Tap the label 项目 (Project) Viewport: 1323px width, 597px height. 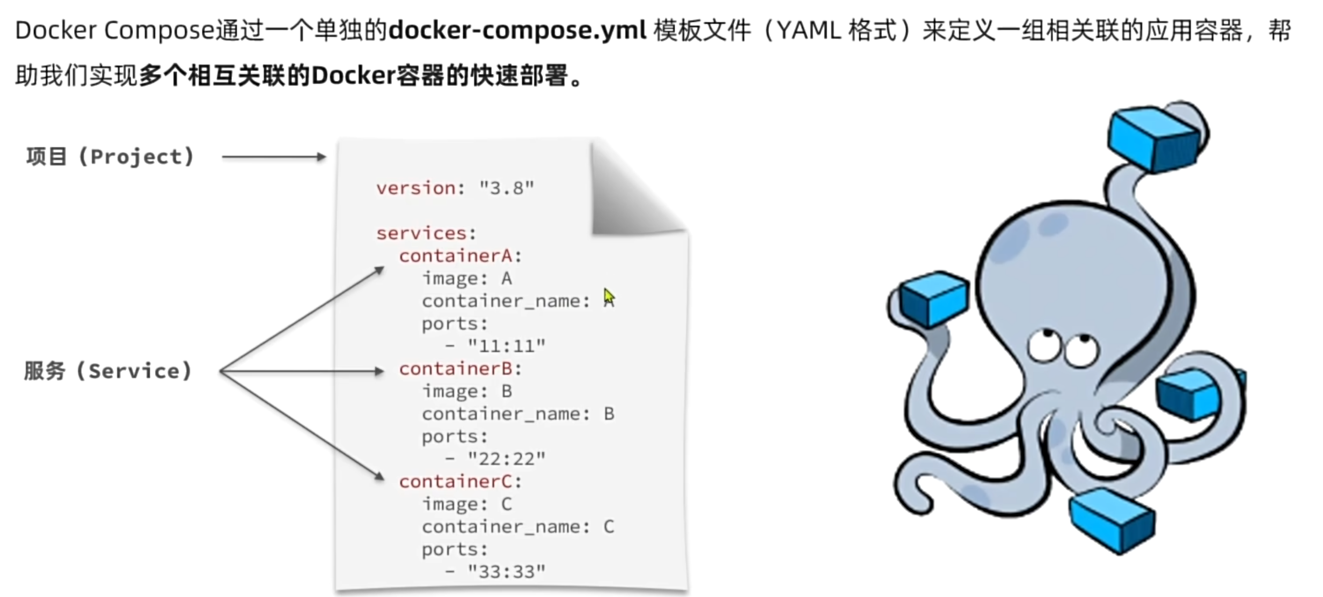[110, 157]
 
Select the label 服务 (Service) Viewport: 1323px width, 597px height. [108, 371]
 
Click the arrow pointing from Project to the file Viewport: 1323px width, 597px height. [274, 157]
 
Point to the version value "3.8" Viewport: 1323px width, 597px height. [507, 188]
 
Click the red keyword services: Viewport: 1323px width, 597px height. [426, 233]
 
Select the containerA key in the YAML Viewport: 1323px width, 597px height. [456, 256]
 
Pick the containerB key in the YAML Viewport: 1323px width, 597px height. [456, 369]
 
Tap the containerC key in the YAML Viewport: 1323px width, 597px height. [456, 482]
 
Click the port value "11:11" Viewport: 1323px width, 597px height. [507, 346]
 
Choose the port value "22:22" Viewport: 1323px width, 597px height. [507, 459]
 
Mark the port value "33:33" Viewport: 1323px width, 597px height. [507, 572]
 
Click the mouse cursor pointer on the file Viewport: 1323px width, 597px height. [609, 297]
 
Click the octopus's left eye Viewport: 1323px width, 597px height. [1044, 346]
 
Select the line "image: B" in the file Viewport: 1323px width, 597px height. [467, 392]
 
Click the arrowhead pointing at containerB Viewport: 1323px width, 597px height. [379, 371]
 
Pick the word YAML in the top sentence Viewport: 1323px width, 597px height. [809, 31]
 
